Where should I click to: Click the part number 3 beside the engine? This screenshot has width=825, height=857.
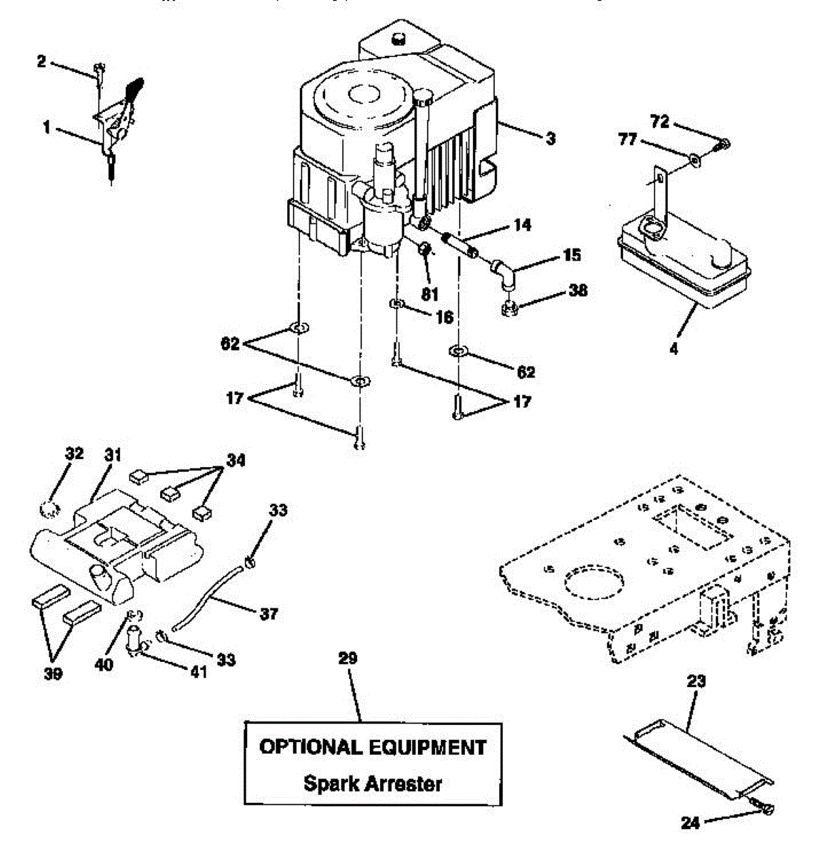pos(550,139)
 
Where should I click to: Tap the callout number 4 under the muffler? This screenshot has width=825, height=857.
pos(674,349)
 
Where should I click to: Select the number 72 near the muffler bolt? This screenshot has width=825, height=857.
pos(659,122)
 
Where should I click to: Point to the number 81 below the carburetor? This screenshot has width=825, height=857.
pos(429,293)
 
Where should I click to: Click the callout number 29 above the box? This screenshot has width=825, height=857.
pos(347,658)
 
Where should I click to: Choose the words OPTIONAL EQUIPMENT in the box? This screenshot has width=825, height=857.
pos(372,747)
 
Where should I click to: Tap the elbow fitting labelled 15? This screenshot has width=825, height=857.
pos(501,273)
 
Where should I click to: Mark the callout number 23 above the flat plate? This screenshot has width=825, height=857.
pos(696,681)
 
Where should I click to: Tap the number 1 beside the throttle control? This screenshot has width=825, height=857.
pos(46,128)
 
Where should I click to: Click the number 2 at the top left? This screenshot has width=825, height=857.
pos(41,62)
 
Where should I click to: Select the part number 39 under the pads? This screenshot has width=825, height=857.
pos(53,673)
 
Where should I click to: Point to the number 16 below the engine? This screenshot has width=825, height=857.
pos(444,316)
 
